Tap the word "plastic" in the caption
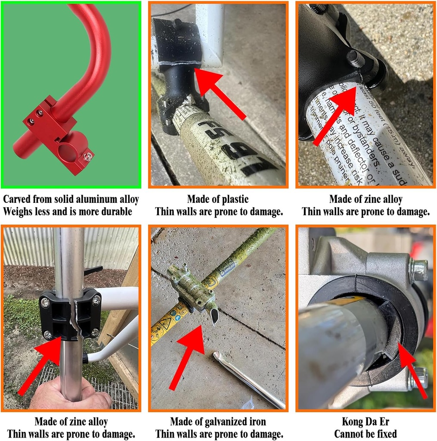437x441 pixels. click(234, 199)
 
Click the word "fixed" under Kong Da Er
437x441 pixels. click(384, 434)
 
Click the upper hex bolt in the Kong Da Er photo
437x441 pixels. click(418, 270)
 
